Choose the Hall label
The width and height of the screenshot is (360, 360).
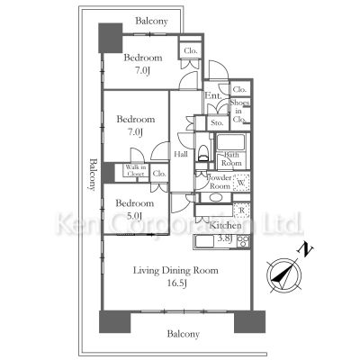pyautogui.click(x=181, y=154)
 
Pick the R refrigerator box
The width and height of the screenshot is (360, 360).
pyautogui.click(x=240, y=211)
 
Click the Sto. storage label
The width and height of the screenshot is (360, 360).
pyautogui.click(x=216, y=122)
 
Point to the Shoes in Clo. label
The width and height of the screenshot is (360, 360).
pyautogui.click(x=240, y=112)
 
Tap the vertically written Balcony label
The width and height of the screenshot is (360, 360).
pyautogui.click(x=93, y=175)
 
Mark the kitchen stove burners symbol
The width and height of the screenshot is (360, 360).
pyautogui.click(x=242, y=239)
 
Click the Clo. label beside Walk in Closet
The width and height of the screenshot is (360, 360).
pyautogui.click(x=158, y=173)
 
